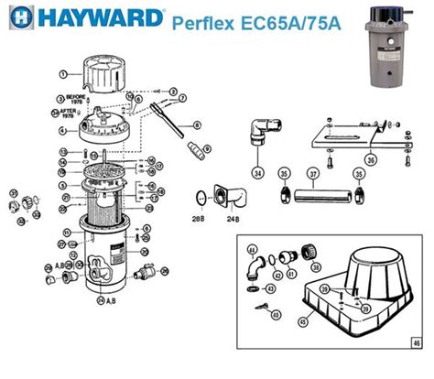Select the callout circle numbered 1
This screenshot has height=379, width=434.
(64, 71)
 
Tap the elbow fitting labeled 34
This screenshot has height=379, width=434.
(259, 135)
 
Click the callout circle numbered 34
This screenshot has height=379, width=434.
(257, 172)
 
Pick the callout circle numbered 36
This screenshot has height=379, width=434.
(370, 158)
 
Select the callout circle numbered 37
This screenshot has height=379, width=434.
(313, 173)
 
